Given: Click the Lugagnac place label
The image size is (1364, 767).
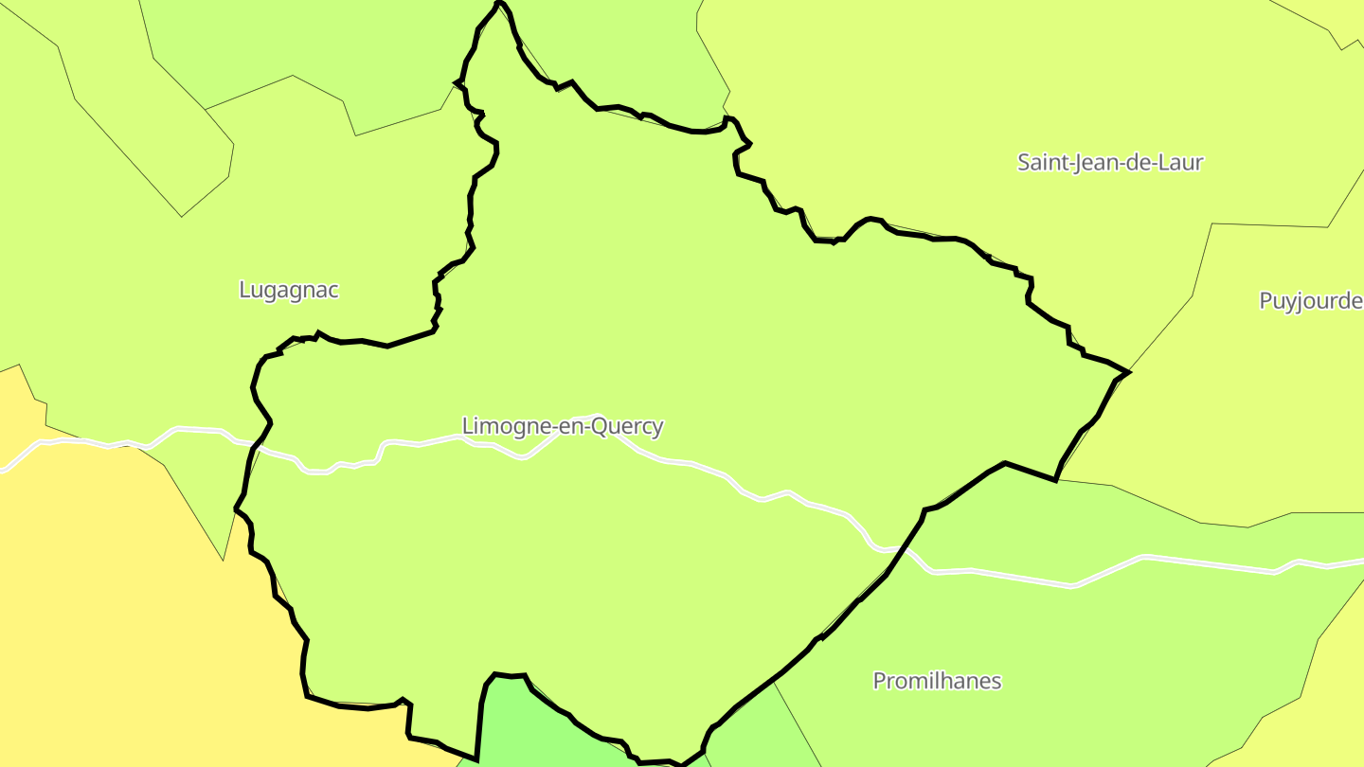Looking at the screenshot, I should pyautogui.click(x=288, y=290).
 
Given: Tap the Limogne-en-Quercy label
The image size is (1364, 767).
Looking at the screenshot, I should pyautogui.click(x=563, y=426).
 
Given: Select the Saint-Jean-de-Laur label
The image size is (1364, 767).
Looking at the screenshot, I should pyautogui.click(x=1109, y=162).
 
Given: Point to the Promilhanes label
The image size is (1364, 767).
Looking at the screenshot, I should pyautogui.click(x=936, y=681).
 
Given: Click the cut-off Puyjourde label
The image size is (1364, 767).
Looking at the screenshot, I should pyautogui.click(x=1310, y=301).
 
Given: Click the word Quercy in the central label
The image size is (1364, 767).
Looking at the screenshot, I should pyautogui.click(x=627, y=427).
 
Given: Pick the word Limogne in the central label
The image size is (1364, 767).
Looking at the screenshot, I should pyautogui.click(x=499, y=426).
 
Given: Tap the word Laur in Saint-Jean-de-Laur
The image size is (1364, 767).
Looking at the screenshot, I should pyautogui.click(x=1181, y=162).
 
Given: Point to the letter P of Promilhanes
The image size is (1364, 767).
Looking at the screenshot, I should pyautogui.click(x=879, y=681).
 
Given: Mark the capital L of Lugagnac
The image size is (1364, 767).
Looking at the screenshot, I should pyautogui.click(x=244, y=290).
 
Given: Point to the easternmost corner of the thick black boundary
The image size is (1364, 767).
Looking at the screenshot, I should pyautogui.click(x=1129, y=372).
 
